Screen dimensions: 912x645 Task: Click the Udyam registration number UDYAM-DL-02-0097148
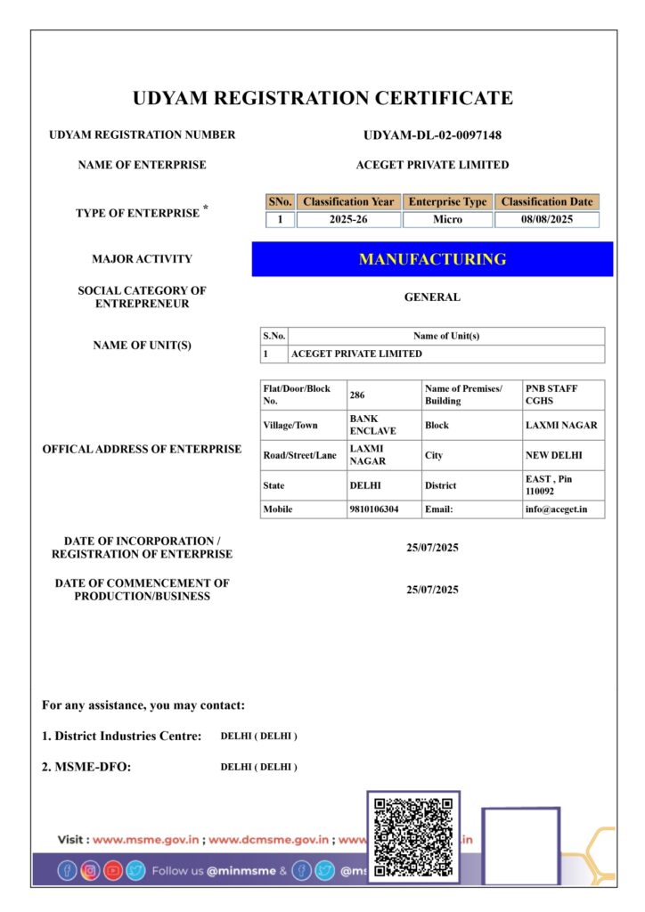[432, 135]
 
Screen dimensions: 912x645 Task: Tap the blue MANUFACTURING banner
[432, 259]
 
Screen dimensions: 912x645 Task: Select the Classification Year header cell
[347, 202]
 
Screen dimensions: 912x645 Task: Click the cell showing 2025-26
[347, 219]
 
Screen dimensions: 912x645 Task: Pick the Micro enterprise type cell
[447, 219]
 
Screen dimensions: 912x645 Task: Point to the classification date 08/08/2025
[546, 219]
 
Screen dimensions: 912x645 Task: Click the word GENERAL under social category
[432, 297]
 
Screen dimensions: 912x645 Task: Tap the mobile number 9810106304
[373, 509]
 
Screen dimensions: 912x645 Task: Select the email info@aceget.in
[550, 509]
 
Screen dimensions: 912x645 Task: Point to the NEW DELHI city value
[553, 455]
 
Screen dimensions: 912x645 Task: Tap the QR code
[413, 837]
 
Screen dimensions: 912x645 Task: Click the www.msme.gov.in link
[147, 839]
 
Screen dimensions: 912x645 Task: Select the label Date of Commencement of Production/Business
[142, 590]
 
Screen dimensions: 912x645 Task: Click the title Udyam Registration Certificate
[322, 98]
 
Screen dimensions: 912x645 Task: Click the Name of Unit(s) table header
[446, 336]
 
